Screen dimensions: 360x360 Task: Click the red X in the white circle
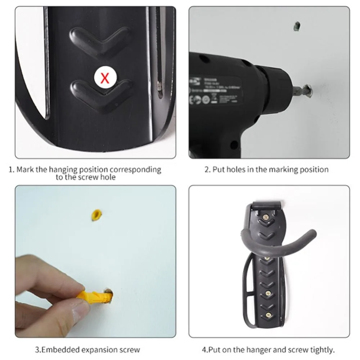pos(104,77)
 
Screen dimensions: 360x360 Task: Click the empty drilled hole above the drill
pos(297,26)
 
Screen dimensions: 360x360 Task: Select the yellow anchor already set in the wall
pos(96,215)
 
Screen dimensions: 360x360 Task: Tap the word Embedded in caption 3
pos(56,349)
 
